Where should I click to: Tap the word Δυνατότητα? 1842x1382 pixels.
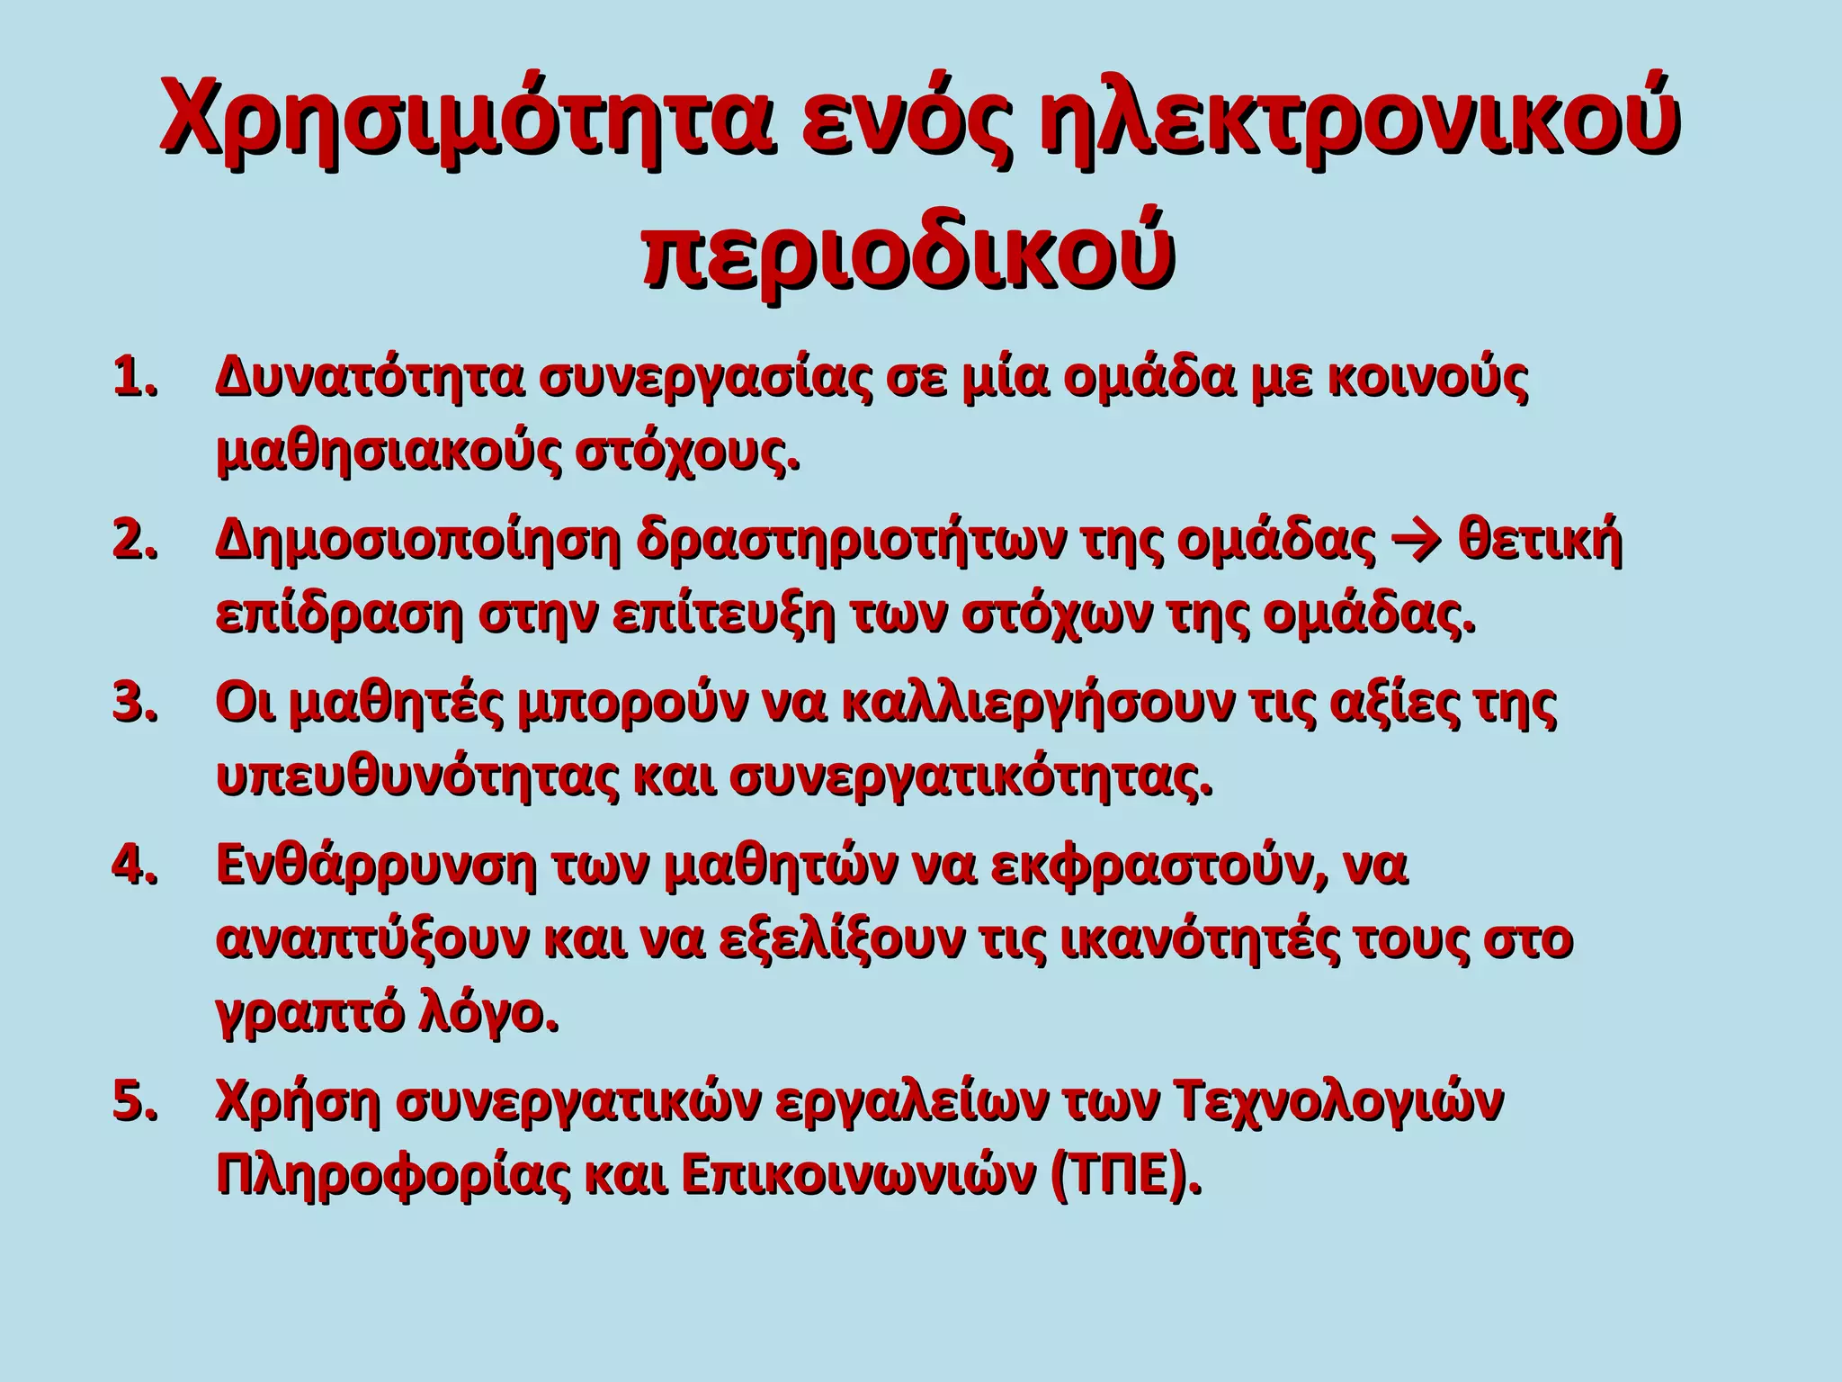point(369,379)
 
